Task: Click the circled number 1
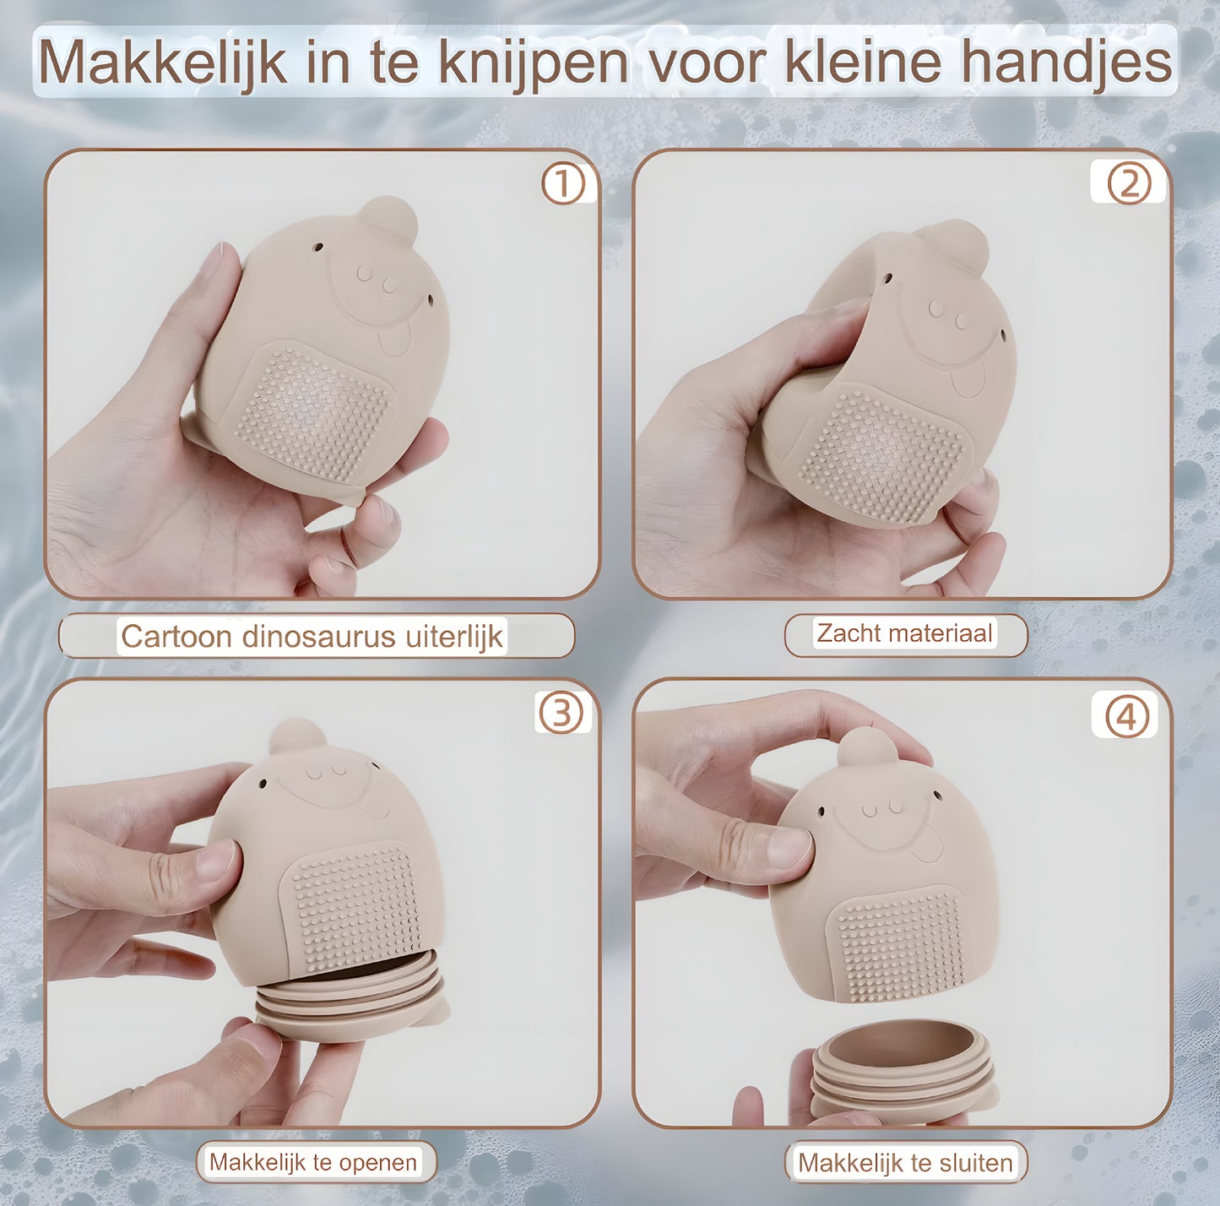point(563,184)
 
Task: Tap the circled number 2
point(1128,183)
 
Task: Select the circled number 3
point(561,713)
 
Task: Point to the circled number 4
point(1127,717)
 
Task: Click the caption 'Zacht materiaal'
point(905,633)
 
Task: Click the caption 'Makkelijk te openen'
point(313,1162)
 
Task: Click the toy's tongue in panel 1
point(393,342)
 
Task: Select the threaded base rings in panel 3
point(350,992)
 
